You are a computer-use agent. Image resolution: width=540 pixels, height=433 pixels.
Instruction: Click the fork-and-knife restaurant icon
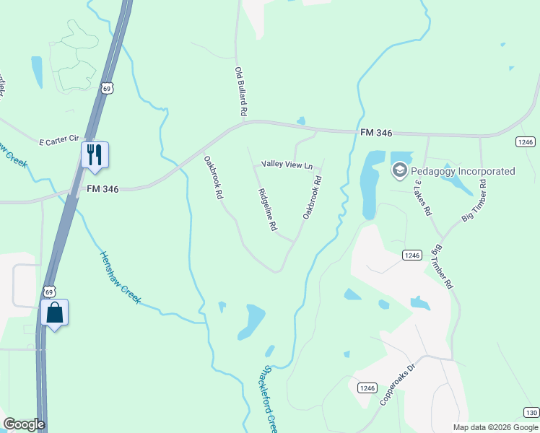pos(95,154)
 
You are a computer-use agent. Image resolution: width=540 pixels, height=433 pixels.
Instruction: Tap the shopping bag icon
pos(54,312)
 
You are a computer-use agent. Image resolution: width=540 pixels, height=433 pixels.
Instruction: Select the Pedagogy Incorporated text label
pos(463,171)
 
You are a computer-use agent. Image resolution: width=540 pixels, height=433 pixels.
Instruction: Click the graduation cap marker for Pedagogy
pos(399,170)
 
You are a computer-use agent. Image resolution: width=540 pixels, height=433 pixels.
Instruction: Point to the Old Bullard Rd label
pos(241,92)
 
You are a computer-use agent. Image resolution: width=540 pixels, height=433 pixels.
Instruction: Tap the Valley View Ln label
pos(287,165)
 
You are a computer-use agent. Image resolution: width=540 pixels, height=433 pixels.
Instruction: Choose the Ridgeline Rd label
pos(267,210)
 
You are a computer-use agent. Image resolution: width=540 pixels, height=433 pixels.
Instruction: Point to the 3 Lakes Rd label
pos(422,198)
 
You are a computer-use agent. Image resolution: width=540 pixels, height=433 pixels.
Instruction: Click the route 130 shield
pos(531,412)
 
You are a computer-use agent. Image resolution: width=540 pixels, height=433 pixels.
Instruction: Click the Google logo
pos(24,424)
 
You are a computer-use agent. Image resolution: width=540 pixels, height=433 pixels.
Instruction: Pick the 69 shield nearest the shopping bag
pos(48,292)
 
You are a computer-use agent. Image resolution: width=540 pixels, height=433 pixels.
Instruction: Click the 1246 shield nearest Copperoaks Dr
pos(367,388)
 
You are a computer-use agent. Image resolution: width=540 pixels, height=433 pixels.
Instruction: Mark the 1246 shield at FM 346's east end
pos(525,141)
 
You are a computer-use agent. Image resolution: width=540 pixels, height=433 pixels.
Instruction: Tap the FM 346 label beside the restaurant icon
pos(102,188)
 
